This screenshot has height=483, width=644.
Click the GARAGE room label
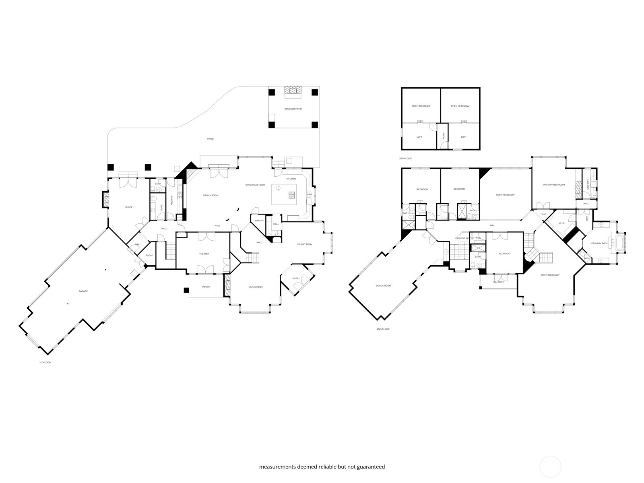(x=83, y=291)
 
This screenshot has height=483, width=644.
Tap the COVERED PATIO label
(x=293, y=109)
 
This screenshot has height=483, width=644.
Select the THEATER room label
(x=204, y=254)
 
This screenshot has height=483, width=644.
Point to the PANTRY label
(x=259, y=221)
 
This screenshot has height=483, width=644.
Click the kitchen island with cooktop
(x=284, y=194)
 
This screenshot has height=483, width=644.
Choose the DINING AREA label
(x=304, y=244)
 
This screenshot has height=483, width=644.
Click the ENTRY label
(x=296, y=278)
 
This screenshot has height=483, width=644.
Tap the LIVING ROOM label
(x=256, y=287)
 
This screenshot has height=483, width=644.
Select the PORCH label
(x=206, y=287)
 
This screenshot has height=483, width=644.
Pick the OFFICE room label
(x=128, y=207)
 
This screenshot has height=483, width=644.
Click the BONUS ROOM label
(x=383, y=286)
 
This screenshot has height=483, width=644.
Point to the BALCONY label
(x=498, y=282)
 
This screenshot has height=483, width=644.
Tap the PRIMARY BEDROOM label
(x=553, y=185)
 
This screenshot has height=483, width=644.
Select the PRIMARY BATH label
(x=599, y=244)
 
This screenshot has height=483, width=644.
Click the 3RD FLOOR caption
(x=405, y=159)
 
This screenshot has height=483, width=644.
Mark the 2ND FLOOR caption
(x=383, y=329)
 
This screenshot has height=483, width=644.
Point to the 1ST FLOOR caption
(x=45, y=362)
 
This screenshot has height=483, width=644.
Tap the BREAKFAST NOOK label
(x=256, y=185)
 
